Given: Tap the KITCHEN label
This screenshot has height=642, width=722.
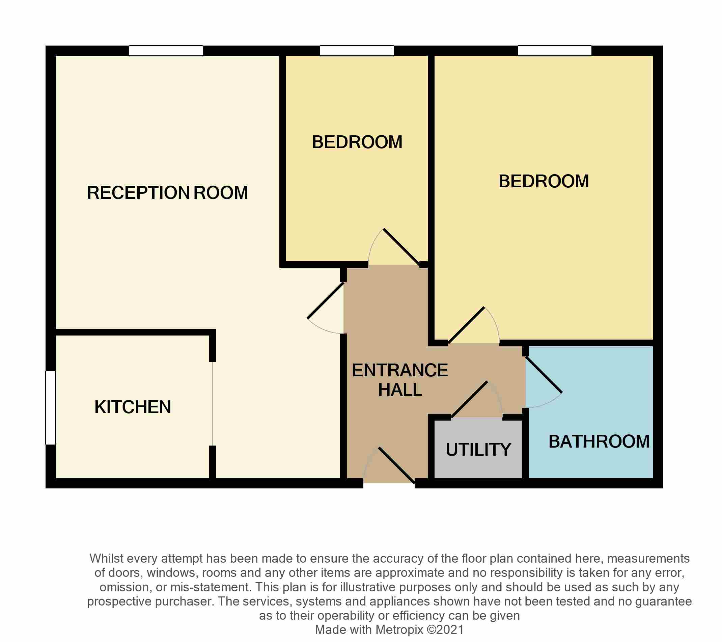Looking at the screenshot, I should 133,407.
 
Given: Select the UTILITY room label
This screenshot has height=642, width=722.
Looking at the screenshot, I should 478,450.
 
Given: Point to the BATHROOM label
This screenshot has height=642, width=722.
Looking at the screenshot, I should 599,442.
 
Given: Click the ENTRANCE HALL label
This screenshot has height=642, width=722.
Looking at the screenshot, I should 400,380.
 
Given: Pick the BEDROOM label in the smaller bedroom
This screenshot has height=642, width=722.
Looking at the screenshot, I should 357,142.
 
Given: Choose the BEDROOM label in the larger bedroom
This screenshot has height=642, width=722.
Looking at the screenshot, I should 544,182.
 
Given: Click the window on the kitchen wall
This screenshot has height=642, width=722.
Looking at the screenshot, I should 51,407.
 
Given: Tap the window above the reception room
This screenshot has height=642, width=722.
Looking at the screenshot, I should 166,51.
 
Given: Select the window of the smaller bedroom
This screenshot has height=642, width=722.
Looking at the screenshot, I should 357,51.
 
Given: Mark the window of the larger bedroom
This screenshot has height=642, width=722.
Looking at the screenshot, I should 555,51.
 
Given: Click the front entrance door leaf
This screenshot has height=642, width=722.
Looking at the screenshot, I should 396,465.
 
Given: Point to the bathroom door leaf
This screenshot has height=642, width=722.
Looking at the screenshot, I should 544,375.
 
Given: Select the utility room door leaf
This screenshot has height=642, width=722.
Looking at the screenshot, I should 469,400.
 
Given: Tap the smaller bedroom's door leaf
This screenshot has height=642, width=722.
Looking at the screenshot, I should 401,247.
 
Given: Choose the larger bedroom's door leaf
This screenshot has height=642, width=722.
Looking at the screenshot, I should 466,325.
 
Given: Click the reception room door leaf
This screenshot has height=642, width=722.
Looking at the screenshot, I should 326,301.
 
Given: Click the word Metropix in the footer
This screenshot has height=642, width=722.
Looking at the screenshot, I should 399,630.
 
